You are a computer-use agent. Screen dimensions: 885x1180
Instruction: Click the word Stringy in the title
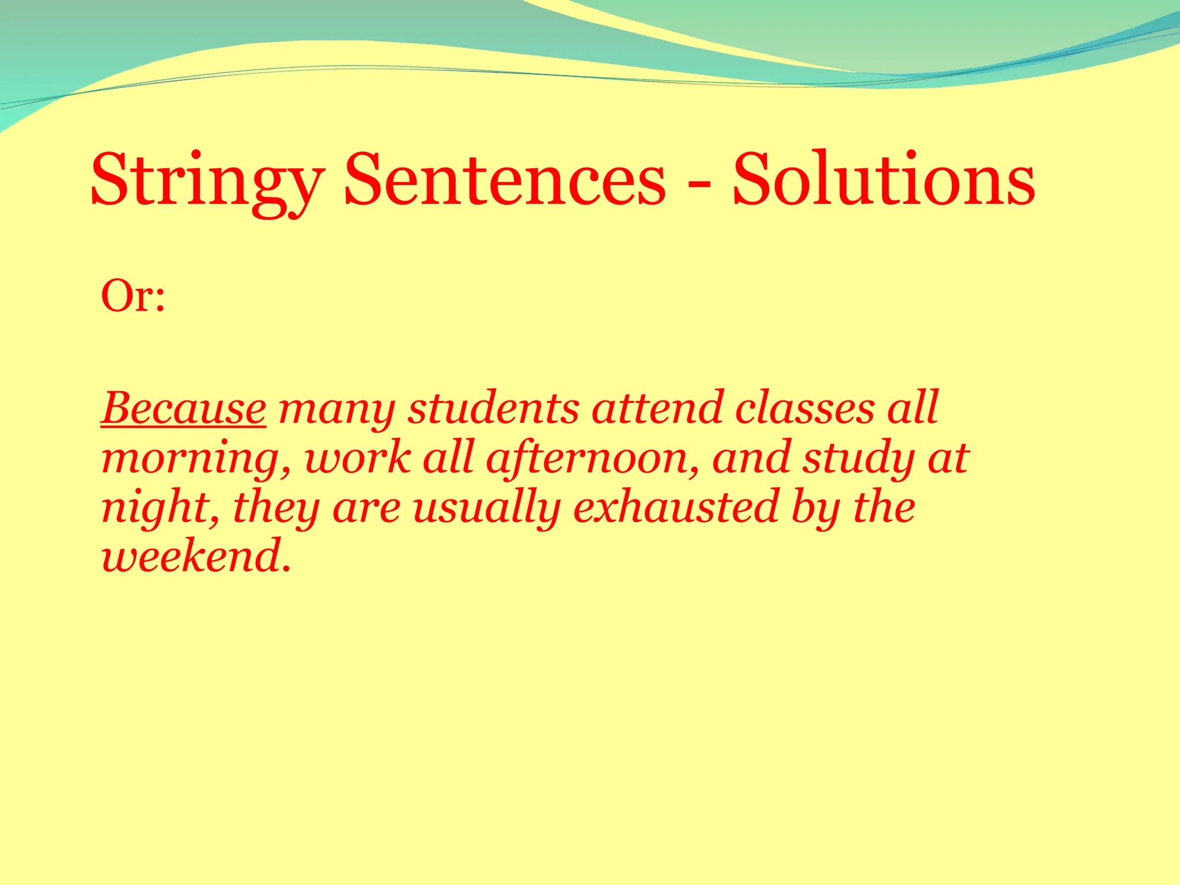point(207,180)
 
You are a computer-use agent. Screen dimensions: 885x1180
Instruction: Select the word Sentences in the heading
point(505,180)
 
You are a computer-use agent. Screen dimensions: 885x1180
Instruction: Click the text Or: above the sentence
point(133,296)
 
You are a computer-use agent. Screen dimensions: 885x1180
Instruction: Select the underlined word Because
point(183,409)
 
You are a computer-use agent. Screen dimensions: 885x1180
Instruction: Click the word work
point(358,458)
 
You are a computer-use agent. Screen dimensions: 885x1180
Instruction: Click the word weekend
point(193,557)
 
